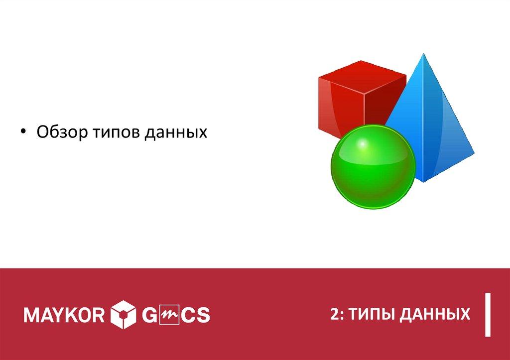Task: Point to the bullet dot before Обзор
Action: [x=24, y=132]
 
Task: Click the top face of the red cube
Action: [x=362, y=74]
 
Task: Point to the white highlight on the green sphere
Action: [x=363, y=145]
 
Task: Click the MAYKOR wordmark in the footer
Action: [x=64, y=315]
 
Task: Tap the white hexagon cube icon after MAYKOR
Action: [x=123, y=315]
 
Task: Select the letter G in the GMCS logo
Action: [x=150, y=315]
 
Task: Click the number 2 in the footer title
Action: [x=334, y=314]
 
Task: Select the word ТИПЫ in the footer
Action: [x=370, y=314]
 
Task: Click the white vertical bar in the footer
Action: [x=489, y=315]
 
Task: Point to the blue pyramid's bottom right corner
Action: [x=473, y=153]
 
